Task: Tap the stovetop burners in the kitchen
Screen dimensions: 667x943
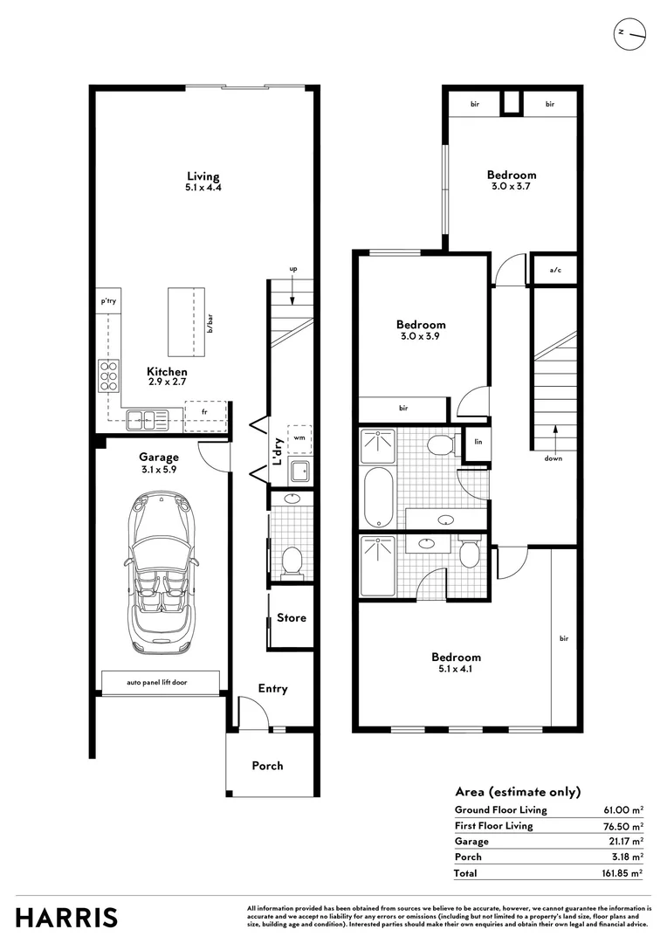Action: click(109, 375)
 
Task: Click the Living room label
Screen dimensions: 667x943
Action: click(203, 176)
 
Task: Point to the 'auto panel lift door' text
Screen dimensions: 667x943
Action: click(156, 683)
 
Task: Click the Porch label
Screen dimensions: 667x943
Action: click(268, 766)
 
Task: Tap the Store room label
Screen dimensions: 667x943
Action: click(292, 617)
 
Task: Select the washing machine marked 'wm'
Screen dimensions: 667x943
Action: click(299, 437)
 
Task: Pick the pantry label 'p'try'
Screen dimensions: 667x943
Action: click(109, 300)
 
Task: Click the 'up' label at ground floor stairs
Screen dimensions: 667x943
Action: click(293, 270)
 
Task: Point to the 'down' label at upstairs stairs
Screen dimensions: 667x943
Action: click(554, 458)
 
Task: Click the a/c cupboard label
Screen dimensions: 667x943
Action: click(555, 270)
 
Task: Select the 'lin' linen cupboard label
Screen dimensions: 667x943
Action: click(478, 442)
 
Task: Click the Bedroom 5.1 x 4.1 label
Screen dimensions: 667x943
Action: click(456, 662)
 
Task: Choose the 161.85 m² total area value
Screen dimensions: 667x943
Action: click(622, 872)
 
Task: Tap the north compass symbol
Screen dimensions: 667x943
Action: click(629, 35)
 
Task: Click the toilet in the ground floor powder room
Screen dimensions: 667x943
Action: click(292, 561)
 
